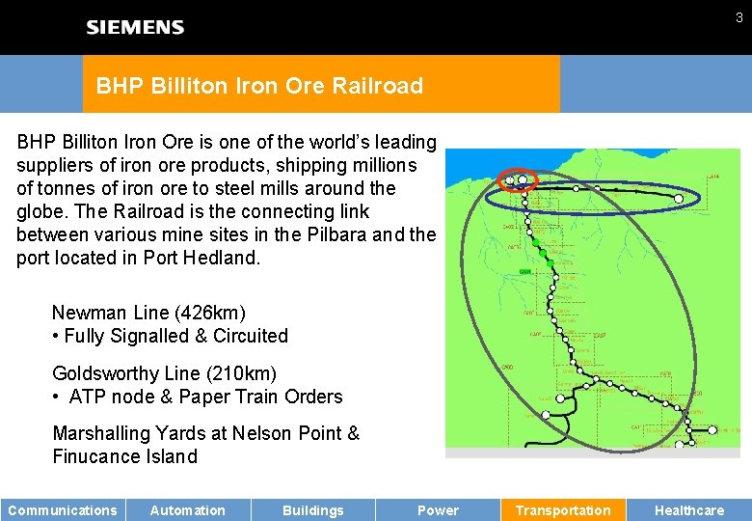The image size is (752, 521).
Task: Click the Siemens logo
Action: click(135, 27)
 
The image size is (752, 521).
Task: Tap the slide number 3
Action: click(739, 17)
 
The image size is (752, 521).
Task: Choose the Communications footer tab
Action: click(63, 510)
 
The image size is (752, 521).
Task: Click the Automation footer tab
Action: click(188, 510)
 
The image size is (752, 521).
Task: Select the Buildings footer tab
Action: click(312, 510)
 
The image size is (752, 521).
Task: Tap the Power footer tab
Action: click(438, 510)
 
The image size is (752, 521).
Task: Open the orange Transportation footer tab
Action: click(563, 510)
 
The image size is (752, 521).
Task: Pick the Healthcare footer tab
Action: click(689, 510)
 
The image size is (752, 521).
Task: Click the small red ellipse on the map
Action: click(518, 178)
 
